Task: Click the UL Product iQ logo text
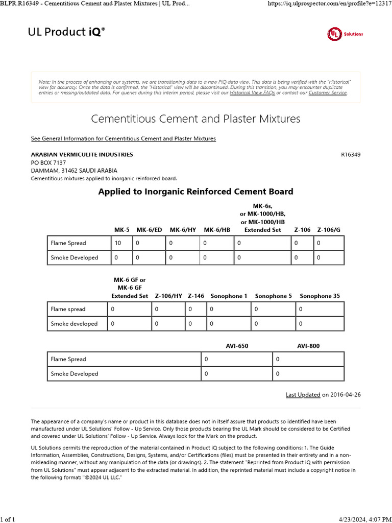66,32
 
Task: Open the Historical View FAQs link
252,93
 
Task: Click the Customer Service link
328,93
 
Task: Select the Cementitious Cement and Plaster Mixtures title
195,119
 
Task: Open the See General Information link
124,138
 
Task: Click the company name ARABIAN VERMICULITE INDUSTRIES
82,154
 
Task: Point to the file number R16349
350,154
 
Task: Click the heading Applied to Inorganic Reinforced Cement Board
195,192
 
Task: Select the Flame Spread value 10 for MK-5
118,243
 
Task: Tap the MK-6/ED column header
149,230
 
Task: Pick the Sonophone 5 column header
274,296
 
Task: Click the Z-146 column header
196,296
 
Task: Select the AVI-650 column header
237,346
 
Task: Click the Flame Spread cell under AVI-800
308,360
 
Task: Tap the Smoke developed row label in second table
74,323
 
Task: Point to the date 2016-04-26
346,395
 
